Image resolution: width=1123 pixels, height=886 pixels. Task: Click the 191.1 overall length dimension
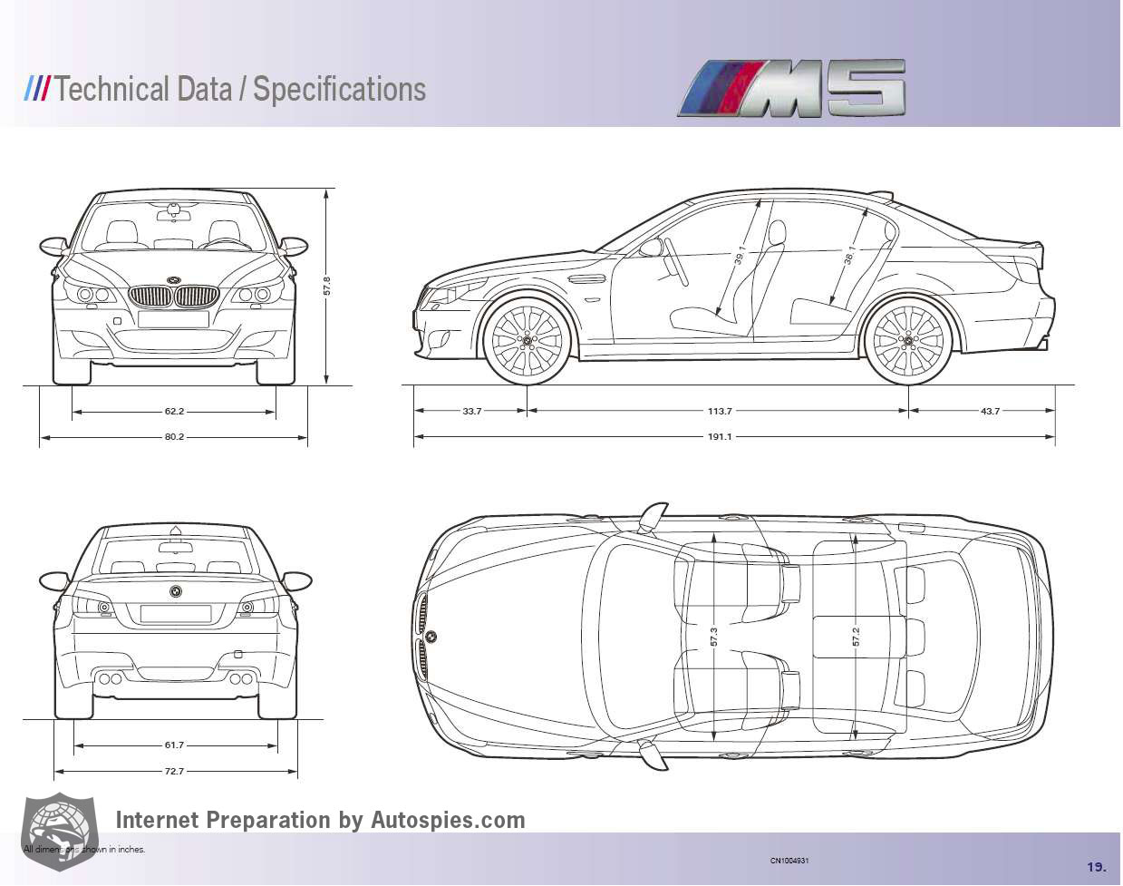pyautogui.click(x=720, y=437)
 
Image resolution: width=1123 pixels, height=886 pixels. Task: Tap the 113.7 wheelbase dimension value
pyautogui.click(x=720, y=411)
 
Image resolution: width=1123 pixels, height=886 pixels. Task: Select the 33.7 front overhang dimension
pyautogui.click(x=471, y=411)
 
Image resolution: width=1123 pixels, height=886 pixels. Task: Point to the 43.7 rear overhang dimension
pyautogui.click(x=990, y=411)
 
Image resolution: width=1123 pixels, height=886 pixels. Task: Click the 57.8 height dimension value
pyautogui.click(x=327, y=285)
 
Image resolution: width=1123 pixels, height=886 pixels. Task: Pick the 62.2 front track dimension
pyautogui.click(x=174, y=412)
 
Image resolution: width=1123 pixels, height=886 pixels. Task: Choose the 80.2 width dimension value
pyautogui.click(x=174, y=437)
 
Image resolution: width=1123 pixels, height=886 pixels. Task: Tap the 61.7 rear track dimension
pyautogui.click(x=174, y=745)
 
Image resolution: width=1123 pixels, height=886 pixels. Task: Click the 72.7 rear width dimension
pyautogui.click(x=174, y=772)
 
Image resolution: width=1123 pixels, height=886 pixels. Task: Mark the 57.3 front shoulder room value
pyautogui.click(x=714, y=637)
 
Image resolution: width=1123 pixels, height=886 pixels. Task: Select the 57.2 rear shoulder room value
pyautogui.click(x=855, y=637)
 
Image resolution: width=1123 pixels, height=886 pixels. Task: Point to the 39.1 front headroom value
pyautogui.click(x=741, y=255)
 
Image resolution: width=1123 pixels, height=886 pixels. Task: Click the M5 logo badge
pyautogui.click(x=792, y=89)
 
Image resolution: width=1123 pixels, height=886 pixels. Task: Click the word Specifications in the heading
pyautogui.click(x=339, y=89)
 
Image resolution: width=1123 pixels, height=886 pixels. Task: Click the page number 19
pyautogui.click(x=1096, y=866)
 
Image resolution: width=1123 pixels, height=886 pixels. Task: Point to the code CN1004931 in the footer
pyautogui.click(x=789, y=861)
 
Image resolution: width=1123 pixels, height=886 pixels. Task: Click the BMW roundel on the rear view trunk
pyautogui.click(x=175, y=591)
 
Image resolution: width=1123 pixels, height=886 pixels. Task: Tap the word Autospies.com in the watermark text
pyautogui.click(x=448, y=820)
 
